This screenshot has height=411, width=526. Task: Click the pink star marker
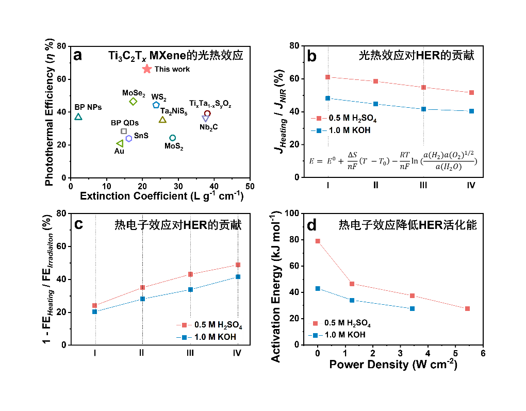coord(147,69)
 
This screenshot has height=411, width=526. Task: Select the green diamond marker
coord(133,102)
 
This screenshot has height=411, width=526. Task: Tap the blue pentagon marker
coord(156,105)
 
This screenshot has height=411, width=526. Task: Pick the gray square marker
coord(124,131)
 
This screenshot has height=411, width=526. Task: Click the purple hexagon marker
coord(129,138)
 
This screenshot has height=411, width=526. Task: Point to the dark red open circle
coord(207,113)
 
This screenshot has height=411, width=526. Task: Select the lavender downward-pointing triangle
coord(205,119)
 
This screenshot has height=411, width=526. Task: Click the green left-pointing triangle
coord(120,143)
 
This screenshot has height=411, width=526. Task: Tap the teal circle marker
coord(173,138)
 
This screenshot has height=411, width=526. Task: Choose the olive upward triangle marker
coord(162,120)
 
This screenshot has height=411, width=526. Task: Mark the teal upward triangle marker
coord(78,117)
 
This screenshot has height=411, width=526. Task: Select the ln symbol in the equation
coord(416,161)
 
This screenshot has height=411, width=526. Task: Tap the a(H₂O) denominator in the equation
coord(448,167)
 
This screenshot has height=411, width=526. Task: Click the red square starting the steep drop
coord(318,241)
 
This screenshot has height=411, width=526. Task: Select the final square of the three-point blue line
coord(412,308)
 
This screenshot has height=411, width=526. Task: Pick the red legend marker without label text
coord(315,323)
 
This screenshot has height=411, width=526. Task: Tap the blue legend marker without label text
coord(315,335)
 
